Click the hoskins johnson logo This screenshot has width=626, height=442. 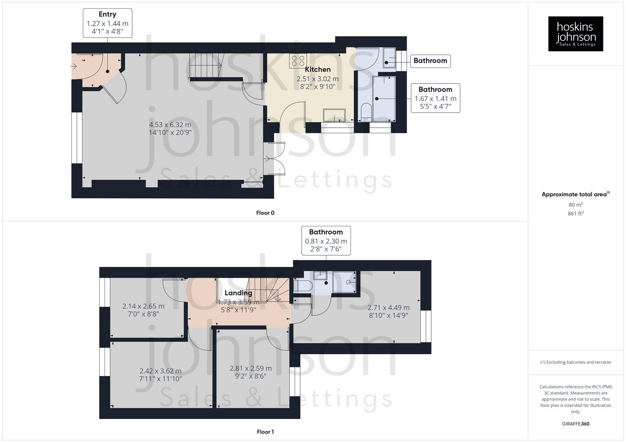tap(575, 34)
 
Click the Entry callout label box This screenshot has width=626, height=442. tap(107, 23)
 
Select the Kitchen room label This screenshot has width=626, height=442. tap(318, 70)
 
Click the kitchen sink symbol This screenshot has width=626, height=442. tap(334, 115)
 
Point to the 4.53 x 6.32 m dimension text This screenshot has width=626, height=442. tap(170, 129)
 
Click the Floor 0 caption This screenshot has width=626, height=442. tap(265, 213)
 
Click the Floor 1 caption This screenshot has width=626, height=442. tap(265, 432)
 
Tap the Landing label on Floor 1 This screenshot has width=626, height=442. tap(238, 293)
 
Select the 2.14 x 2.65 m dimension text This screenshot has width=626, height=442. tap(143, 310)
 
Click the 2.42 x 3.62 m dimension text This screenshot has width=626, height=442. tap(160, 375)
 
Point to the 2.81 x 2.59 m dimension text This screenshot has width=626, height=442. tap(250, 372)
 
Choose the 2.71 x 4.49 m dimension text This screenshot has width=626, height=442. tap(388, 311)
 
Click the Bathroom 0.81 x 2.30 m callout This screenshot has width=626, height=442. tap(326, 241)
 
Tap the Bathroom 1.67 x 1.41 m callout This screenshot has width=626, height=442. tap(435, 98)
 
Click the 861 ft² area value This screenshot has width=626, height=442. tap(576, 214)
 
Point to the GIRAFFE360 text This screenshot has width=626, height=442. tap(576, 424)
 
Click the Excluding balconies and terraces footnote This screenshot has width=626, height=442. tap(576, 362)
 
